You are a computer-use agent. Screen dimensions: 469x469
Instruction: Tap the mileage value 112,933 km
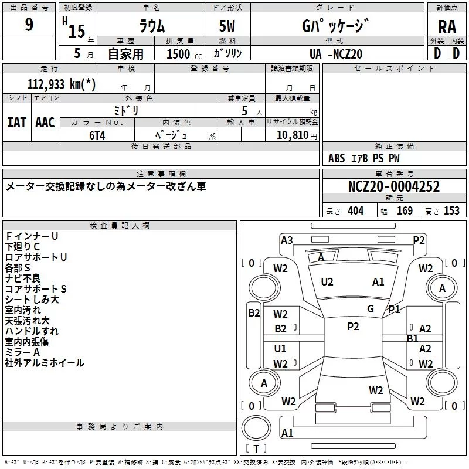[61, 84]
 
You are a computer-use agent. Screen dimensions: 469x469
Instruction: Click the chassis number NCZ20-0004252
[393, 187]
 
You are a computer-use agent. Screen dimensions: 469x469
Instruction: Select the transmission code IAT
[16, 123]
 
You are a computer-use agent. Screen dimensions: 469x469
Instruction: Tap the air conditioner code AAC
[45, 123]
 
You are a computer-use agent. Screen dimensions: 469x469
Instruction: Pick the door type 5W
[228, 27]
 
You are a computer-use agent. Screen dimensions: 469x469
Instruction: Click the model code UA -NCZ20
[335, 54]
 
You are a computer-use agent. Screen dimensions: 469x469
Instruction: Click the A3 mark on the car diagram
[287, 240]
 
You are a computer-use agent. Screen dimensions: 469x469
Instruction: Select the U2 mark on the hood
[327, 282]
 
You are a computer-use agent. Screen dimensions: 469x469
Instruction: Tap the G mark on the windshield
[371, 309]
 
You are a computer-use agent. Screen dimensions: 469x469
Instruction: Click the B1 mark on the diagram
[413, 338]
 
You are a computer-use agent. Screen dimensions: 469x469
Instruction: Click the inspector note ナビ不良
[23, 278]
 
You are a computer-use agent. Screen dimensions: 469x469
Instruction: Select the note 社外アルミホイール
[45, 363]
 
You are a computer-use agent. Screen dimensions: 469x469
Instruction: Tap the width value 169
[405, 211]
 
